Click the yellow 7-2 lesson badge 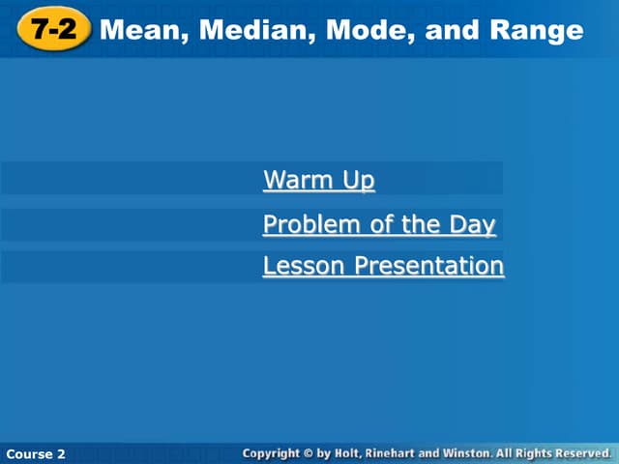tap(52, 30)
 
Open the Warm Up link tap(318, 180)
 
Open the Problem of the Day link tap(379, 225)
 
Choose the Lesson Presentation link tap(383, 266)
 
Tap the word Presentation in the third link tap(429, 266)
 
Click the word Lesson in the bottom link tap(305, 266)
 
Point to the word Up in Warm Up tap(358, 180)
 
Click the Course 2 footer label tap(36, 452)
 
